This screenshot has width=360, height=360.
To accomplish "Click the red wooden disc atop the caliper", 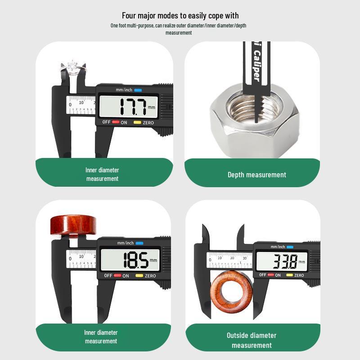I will pyautogui.click(x=73, y=225).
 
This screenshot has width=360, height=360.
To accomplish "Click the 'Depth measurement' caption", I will pyautogui.click(x=256, y=175).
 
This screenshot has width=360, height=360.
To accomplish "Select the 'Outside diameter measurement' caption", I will pyautogui.click(x=252, y=340).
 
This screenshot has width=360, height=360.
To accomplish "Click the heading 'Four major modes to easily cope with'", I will pyautogui.click(x=180, y=16).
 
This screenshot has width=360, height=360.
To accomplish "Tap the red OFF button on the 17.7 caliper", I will pyautogui.click(x=116, y=122).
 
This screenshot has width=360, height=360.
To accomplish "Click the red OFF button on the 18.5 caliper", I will pyautogui.click(x=117, y=276).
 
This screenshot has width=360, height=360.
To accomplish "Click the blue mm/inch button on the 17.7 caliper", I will pyautogui.click(x=138, y=90).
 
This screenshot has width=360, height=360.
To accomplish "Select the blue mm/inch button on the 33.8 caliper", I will pyautogui.click(x=290, y=247).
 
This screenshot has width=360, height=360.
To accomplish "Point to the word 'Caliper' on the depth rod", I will pyautogui.click(x=256, y=66).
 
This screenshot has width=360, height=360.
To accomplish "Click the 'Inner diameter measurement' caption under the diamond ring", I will pyautogui.click(x=102, y=174).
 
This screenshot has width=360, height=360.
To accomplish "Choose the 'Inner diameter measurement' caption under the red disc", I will pyautogui.click(x=101, y=337).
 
